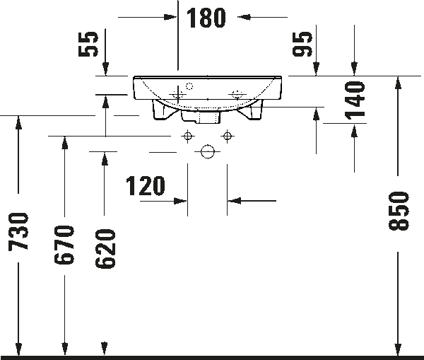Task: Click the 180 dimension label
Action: [206, 18]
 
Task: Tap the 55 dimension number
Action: [88, 44]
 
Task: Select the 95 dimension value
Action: [302, 44]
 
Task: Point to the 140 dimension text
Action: [355, 100]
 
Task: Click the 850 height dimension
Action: [399, 211]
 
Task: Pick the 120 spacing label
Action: [145, 186]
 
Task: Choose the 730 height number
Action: [18, 232]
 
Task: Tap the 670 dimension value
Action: [64, 245]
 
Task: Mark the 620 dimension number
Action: [105, 248]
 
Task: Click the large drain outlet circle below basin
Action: [208, 151]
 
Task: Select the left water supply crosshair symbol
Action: [188, 136]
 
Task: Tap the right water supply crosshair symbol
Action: [227, 136]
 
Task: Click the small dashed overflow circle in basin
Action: [189, 86]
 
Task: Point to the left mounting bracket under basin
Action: [163, 110]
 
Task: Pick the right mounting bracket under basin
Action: [251, 110]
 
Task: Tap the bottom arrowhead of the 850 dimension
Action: [398, 349]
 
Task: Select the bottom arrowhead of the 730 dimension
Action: [18, 349]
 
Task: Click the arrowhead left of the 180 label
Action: [170, 17]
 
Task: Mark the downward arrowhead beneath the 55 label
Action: [106, 69]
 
